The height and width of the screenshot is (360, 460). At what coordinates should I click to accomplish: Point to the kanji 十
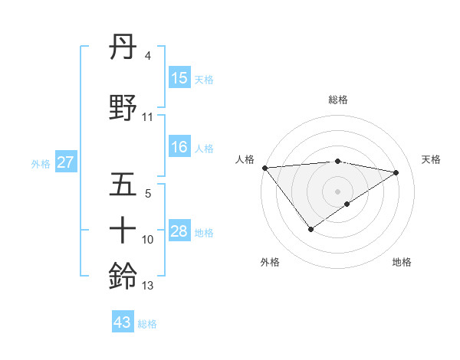coord(123,230)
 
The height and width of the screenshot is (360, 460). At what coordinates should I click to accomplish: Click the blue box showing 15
coord(179,78)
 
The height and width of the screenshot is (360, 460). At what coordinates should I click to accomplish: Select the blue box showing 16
coord(179,147)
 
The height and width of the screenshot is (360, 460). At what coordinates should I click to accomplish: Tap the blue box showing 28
coord(179,231)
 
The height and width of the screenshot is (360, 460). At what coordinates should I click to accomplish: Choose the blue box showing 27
coord(66,162)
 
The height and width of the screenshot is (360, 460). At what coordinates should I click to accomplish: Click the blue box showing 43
coord(123,322)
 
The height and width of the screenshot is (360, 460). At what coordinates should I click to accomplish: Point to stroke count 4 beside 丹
coord(147,56)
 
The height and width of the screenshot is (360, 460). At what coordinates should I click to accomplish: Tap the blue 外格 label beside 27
coord(41,163)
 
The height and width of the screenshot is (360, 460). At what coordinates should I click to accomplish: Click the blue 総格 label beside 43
coord(147,323)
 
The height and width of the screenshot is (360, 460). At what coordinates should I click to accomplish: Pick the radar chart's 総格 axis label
coord(338,100)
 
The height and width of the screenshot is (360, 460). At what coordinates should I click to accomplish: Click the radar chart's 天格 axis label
coord(432,159)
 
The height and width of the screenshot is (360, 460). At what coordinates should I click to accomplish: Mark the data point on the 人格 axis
coord(264,168)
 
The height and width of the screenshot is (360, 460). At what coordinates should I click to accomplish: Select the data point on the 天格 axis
coord(396,172)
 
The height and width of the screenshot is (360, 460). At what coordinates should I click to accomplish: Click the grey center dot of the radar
coord(338,191)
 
